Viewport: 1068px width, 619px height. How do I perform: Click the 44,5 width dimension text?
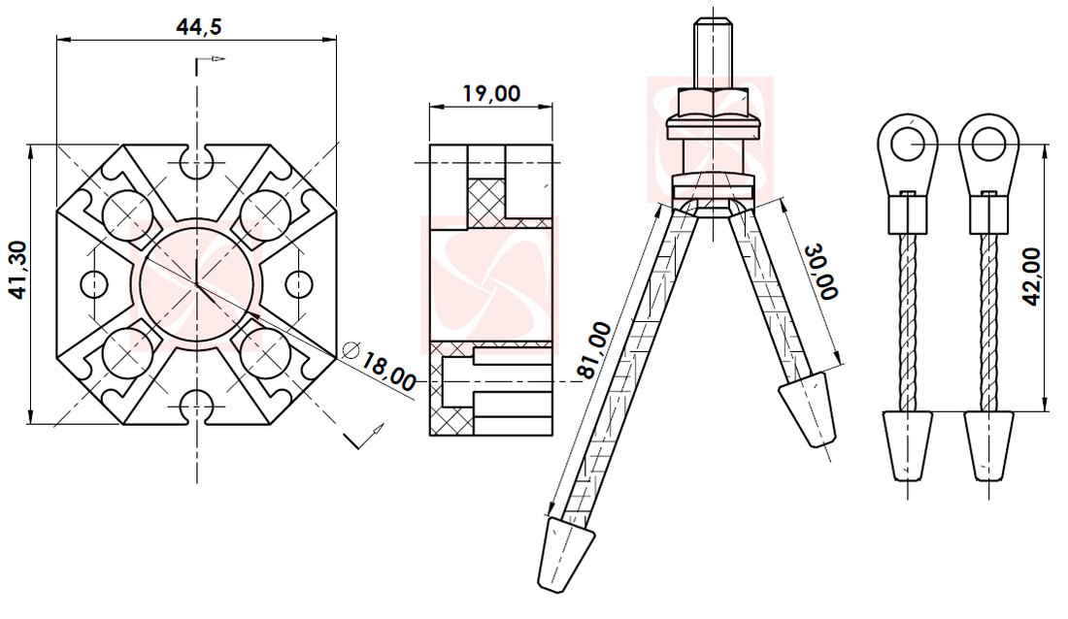click(198, 26)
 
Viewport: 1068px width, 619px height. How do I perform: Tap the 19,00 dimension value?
click(490, 94)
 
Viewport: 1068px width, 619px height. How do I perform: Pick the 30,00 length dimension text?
click(819, 271)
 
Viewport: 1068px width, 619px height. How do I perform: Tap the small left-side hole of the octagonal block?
click(93, 283)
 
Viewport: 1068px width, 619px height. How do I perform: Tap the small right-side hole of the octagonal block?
click(300, 283)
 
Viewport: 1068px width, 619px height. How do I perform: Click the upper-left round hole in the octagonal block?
click(124, 213)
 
